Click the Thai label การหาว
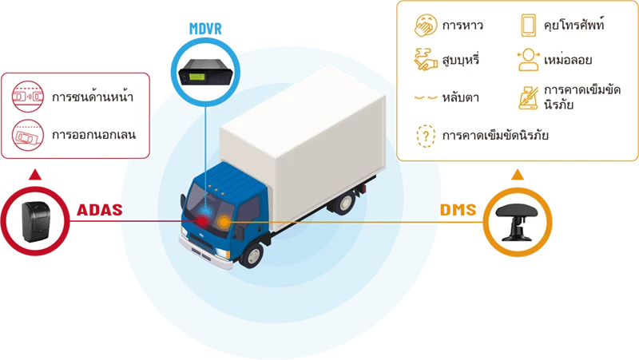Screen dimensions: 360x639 pos(462,26)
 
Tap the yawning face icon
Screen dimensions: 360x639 pos(426,25)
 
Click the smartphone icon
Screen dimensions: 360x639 pos(529,26)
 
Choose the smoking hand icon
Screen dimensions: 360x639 pos(426,59)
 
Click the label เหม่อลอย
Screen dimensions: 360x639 pos(566,60)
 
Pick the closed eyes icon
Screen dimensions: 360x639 pos(426,97)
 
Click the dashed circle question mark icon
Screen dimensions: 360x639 pos(426,135)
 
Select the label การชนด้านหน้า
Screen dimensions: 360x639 pos(92,97)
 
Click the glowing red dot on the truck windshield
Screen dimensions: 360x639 pos(205,220)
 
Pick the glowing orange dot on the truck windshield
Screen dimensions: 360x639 pos(225,220)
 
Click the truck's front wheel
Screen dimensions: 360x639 pos(252,255)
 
